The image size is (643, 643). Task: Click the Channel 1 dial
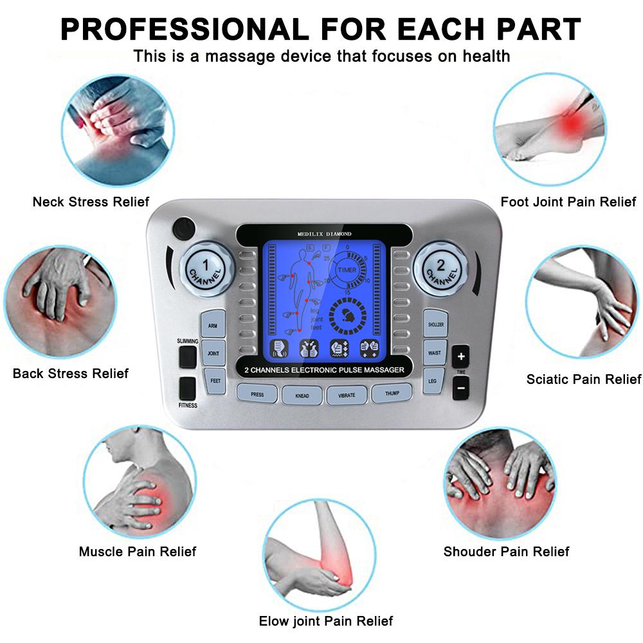(x=204, y=266)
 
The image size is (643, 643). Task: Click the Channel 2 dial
(x=439, y=266)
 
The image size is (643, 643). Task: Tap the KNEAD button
(x=302, y=394)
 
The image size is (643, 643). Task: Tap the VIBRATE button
(x=347, y=394)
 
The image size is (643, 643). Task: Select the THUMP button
(x=392, y=393)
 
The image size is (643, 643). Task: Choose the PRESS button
(x=257, y=394)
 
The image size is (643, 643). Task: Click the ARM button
(x=212, y=325)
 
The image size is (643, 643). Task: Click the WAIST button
(x=434, y=353)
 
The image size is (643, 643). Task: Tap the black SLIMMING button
(x=187, y=356)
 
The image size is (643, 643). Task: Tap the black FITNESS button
(x=187, y=388)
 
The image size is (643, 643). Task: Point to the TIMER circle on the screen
(x=348, y=270)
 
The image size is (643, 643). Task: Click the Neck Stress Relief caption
(x=91, y=202)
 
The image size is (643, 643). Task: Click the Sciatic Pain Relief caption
(x=583, y=379)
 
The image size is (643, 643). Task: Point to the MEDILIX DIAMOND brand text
(x=324, y=233)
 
